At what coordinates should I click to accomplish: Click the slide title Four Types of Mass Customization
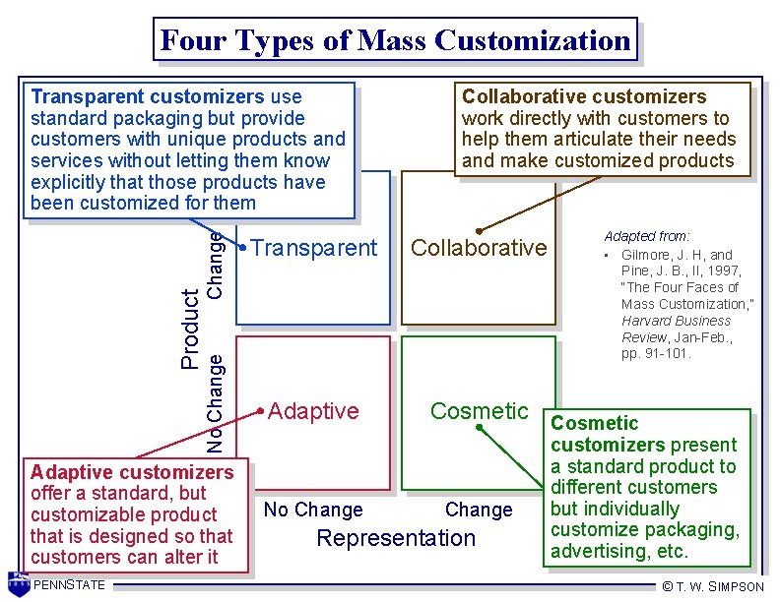pyautogui.click(x=395, y=40)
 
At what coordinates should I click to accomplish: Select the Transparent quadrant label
pyautogui.click(x=314, y=248)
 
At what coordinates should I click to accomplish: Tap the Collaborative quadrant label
pyautogui.click(x=479, y=248)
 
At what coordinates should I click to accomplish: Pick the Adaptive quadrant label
pyautogui.click(x=313, y=411)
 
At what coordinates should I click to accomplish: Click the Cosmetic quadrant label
pyautogui.click(x=480, y=411)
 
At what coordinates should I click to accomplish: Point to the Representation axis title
pyautogui.click(x=395, y=538)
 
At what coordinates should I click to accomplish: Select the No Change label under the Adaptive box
pyautogui.click(x=313, y=510)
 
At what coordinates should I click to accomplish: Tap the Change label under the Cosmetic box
pyautogui.click(x=479, y=510)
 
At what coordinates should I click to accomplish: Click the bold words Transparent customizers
pyautogui.click(x=148, y=97)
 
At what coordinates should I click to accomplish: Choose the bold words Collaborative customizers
pyautogui.click(x=584, y=96)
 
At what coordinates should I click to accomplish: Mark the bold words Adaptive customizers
pyautogui.click(x=132, y=472)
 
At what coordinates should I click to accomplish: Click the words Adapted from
pyautogui.click(x=647, y=237)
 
